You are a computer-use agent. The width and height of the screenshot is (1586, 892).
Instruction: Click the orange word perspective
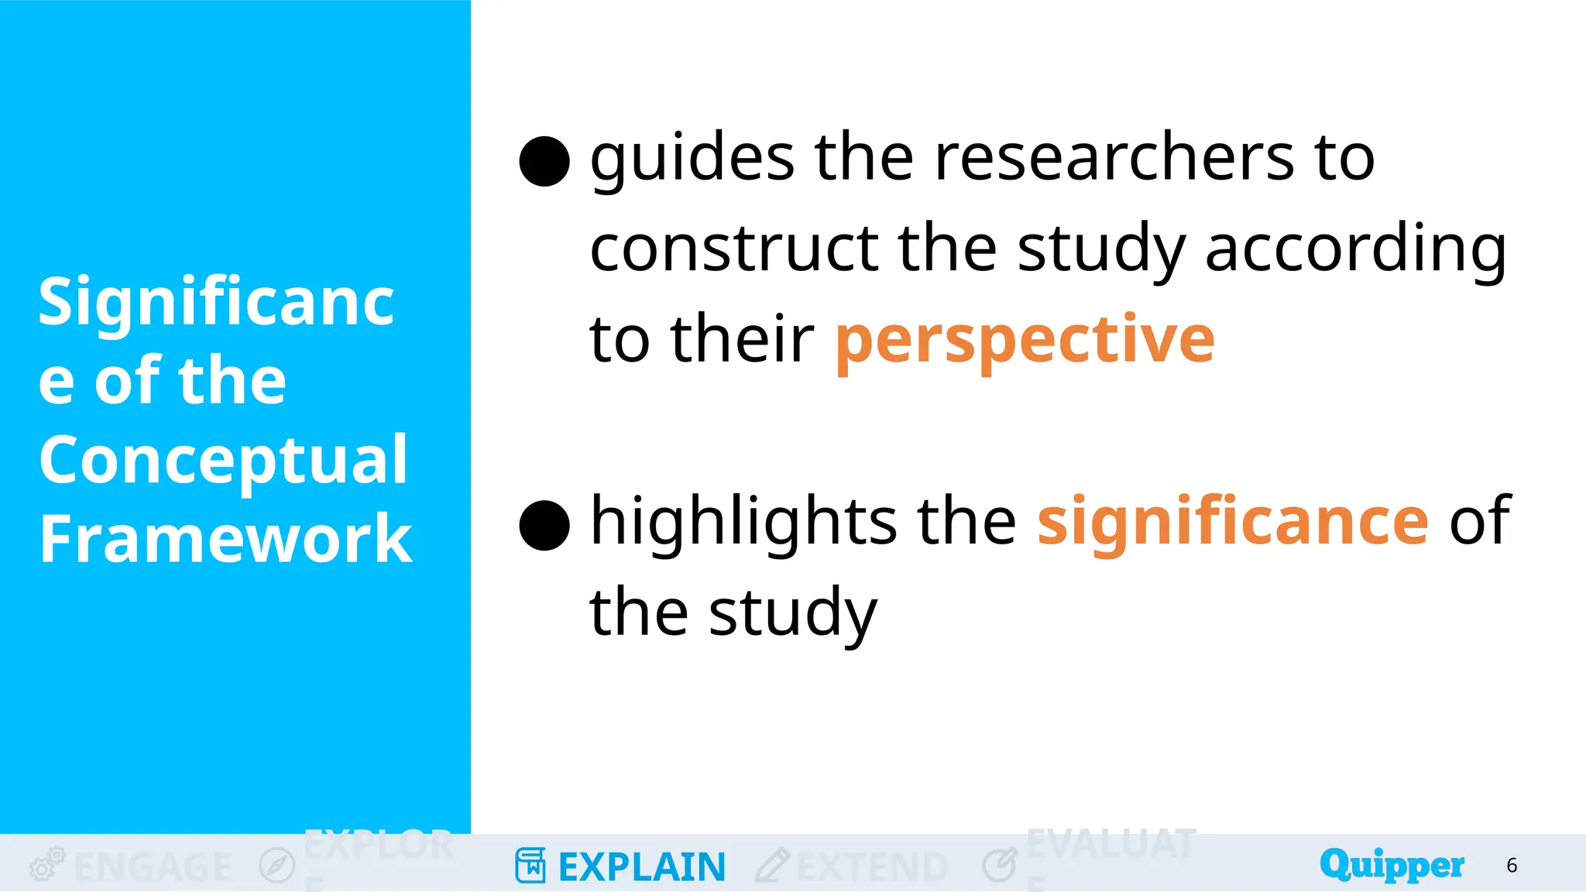(1025, 341)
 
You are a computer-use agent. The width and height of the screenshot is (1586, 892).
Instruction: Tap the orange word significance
(1233, 522)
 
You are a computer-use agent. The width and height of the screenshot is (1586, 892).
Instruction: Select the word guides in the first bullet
(692, 159)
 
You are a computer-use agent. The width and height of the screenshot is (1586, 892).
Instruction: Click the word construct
(734, 249)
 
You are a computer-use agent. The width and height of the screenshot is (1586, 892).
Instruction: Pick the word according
(1355, 250)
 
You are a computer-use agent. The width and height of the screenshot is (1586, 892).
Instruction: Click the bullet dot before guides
(544, 161)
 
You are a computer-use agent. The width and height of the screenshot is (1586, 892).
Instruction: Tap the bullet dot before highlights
(544, 525)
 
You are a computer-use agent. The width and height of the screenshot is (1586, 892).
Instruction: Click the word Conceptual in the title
(223, 461)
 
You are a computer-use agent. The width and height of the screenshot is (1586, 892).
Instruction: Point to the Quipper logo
(1392, 865)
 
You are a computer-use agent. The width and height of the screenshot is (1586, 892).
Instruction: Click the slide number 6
(1512, 866)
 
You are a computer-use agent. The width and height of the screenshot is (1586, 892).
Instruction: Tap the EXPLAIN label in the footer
(642, 867)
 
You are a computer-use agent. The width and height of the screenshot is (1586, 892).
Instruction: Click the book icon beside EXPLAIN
(530, 866)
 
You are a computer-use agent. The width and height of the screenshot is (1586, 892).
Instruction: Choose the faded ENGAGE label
(153, 867)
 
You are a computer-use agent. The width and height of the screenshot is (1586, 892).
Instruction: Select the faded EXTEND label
(872, 867)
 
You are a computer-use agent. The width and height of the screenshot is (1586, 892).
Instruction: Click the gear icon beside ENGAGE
(46, 864)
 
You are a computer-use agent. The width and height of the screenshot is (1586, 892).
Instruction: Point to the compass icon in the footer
(277, 865)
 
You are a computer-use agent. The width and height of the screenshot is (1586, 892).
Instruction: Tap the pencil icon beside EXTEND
(772, 865)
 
